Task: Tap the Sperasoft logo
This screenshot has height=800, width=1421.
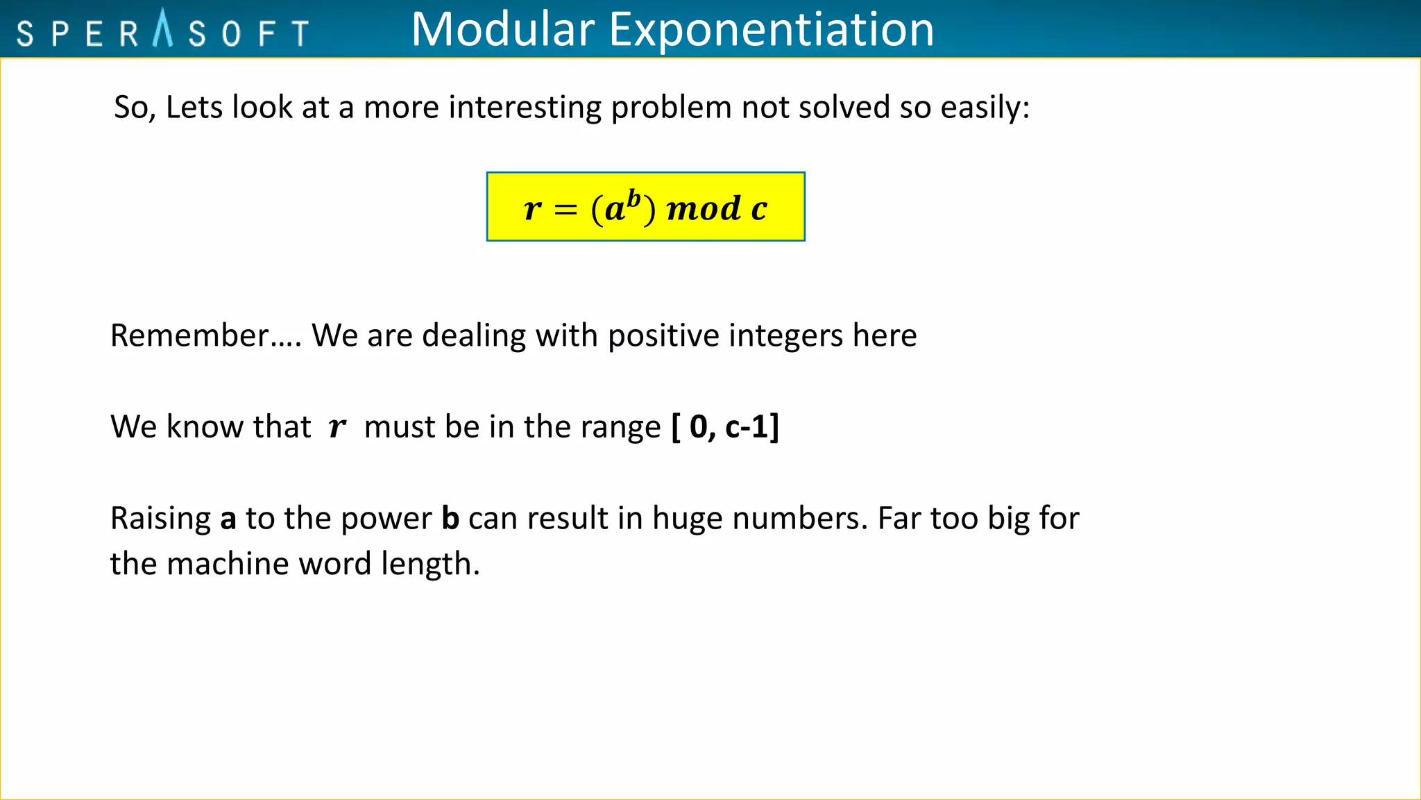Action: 163,31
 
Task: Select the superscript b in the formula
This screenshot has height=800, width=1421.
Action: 633,198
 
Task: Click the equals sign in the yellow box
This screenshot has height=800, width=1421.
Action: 565,209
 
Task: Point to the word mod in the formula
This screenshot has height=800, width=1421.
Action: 704,208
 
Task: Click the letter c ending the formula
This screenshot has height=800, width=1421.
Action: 759,209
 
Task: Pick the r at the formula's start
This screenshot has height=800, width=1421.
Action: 532,209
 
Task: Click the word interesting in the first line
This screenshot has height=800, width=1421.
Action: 525,108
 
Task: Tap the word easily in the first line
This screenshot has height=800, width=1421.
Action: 985,108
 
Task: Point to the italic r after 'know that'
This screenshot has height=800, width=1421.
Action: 337,427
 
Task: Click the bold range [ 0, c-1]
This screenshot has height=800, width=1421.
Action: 725,426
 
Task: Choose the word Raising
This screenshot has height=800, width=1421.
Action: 160,519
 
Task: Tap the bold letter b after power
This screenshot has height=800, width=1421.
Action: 450,518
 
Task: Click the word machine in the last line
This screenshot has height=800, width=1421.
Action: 228,563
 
